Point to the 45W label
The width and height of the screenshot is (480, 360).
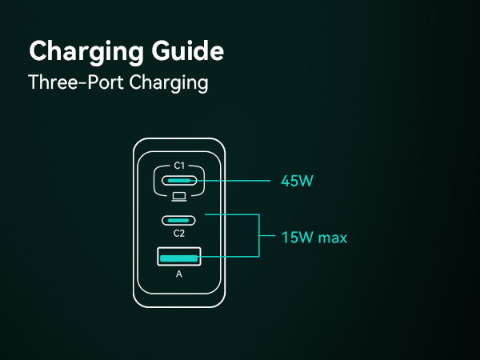[x=296, y=181]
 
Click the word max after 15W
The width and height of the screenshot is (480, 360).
[x=333, y=238]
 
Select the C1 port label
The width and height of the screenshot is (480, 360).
[x=179, y=166]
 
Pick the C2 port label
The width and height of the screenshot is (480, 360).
[x=179, y=234]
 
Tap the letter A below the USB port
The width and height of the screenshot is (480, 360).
[x=179, y=274]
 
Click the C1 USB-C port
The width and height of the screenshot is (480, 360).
[x=179, y=181]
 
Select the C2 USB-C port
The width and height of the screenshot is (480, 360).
[x=179, y=220]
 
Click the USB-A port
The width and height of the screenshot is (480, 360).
[x=179, y=257]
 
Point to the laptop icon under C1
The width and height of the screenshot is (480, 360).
[x=179, y=196]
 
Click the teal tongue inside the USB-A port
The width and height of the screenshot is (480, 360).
[x=179, y=257]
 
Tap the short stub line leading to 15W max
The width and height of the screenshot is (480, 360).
[x=268, y=237]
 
